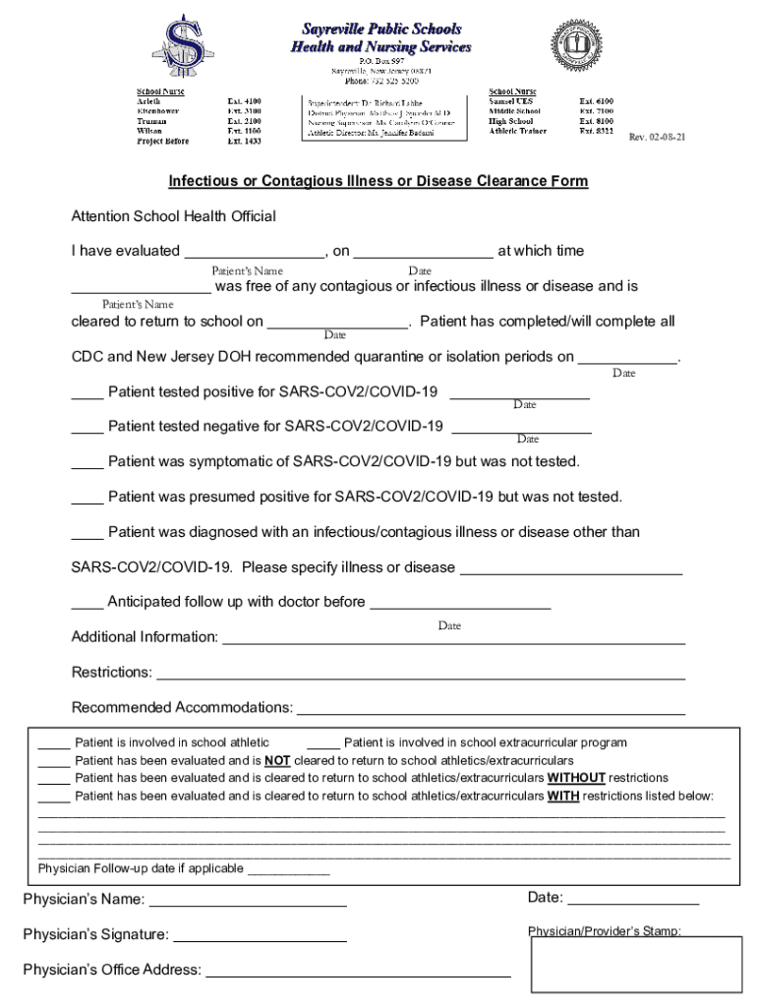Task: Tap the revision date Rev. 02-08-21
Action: [657, 138]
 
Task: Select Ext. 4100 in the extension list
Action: [244, 101]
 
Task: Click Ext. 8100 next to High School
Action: [596, 121]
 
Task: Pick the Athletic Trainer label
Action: [517, 131]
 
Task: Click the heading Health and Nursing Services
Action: [381, 46]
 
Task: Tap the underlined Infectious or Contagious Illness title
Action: [378, 181]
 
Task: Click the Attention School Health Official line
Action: [174, 215]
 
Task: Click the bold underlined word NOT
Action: [276, 760]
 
